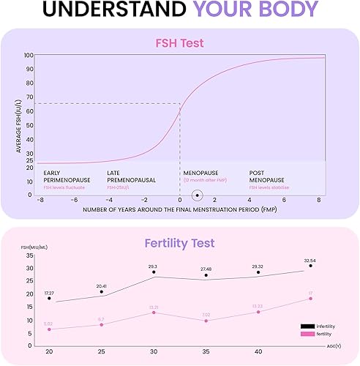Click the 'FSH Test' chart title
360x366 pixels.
pyautogui.click(x=179, y=43)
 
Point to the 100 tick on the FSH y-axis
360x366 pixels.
pyautogui.click(x=29, y=56)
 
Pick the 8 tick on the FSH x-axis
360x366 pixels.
pyautogui.click(x=319, y=201)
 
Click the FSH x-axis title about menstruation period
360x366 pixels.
pyautogui.click(x=179, y=210)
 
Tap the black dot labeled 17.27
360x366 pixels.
pyautogui.click(x=49, y=298)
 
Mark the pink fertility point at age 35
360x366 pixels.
pyautogui.click(x=206, y=321)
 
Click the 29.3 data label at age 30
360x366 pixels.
pyautogui.click(x=154, y=266)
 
